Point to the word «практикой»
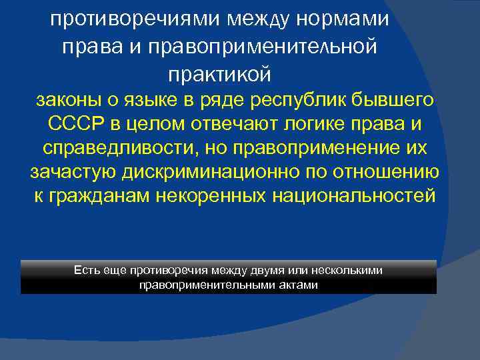click(x=219, y=73)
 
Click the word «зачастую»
click(x=74, y=173)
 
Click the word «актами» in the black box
click(x=301, y=285)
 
